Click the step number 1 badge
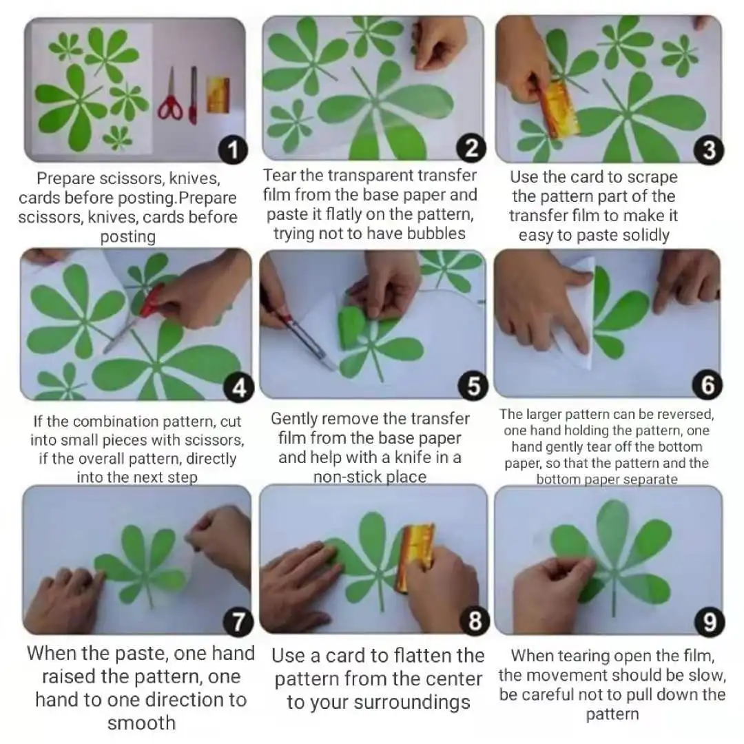(x=233, y=150)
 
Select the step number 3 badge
(x=708, y=150)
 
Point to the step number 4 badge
(x=238, y=388)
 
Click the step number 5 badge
(x=473, y=386)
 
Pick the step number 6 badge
(x=707, y=384)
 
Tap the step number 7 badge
(x=238, y=622)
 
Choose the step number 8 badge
(x=475, y=620)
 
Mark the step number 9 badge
(x=710, y=622)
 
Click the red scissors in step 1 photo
(x=170, y=96)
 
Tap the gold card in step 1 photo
(x=218, y=95)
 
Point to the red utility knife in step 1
(x=193, y=95)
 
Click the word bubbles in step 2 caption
(x=436, y=234)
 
